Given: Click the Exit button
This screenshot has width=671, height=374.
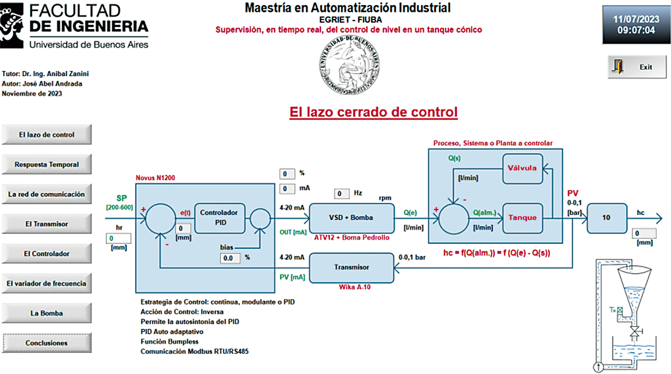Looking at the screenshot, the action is [637, 67].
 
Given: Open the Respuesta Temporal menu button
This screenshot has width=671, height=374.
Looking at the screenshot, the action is [47, 164].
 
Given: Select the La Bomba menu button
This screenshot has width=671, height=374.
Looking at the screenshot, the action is [47, 313].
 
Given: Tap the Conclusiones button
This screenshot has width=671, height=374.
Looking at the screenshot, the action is [47, 343].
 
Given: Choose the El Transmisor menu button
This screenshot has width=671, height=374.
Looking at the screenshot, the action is [47, 224].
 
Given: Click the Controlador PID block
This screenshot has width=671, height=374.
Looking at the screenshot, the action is [220, 218].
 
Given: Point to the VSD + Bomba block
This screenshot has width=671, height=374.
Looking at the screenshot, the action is [352, 218].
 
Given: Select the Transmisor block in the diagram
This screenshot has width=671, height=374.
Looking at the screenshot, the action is [352, 268].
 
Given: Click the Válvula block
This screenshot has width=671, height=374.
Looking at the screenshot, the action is [522, 169].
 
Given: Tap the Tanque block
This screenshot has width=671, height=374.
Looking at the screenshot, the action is [522, 218].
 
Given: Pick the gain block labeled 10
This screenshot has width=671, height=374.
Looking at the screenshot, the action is [607, 218].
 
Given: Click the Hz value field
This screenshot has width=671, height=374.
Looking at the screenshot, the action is [342, 194].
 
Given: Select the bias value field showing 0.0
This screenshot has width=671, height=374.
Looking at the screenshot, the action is [230, 258].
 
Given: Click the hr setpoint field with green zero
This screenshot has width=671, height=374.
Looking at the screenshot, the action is [119, 238].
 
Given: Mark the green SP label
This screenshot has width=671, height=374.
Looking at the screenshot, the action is [122, 198].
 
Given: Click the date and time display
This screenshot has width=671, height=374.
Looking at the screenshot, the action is [636, 25].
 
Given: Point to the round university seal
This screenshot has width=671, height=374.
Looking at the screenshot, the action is [349, 65].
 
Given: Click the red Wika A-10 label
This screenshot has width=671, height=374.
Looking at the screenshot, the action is [355, 287].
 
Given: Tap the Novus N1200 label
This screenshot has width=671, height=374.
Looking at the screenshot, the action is [155, 178].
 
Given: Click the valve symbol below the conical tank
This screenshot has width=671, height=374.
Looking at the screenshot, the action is [635, 332].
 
